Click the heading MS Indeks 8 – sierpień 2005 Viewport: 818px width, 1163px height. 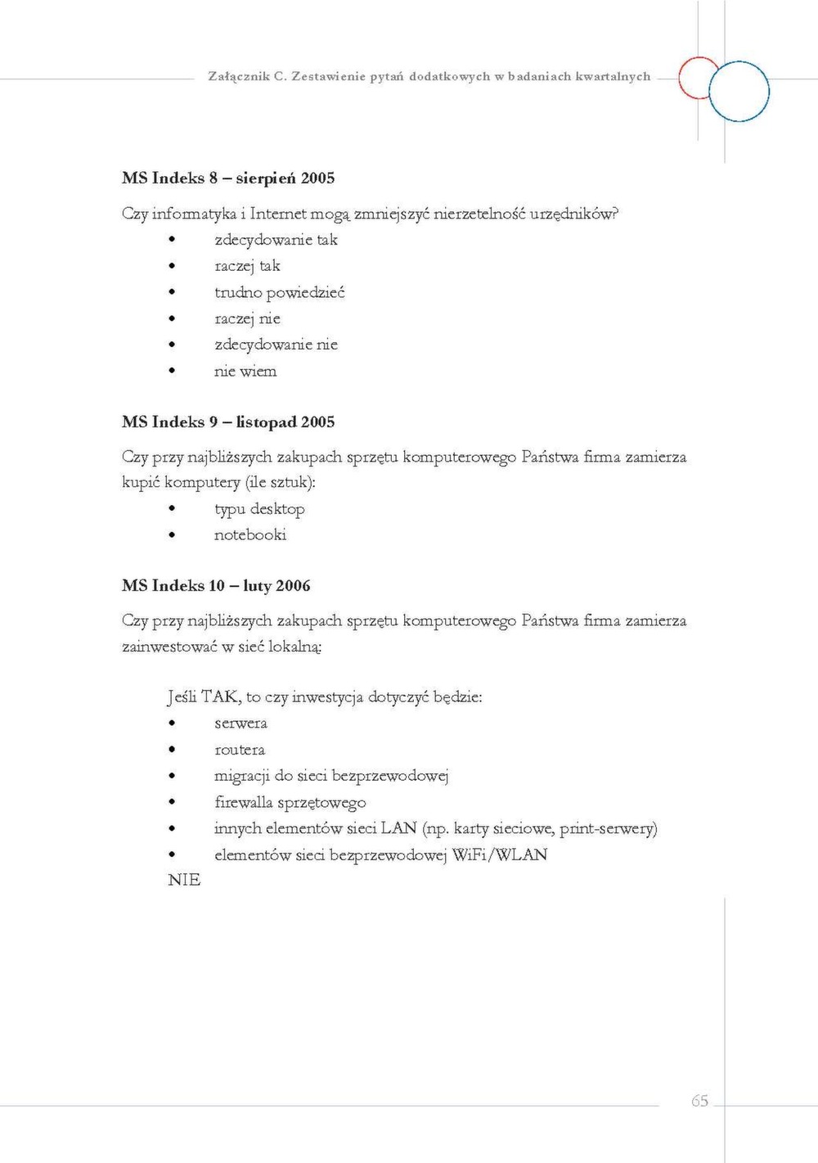pos(228,178)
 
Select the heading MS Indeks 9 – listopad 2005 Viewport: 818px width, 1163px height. pos(228,422)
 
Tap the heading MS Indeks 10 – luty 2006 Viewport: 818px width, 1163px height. pos(216,586)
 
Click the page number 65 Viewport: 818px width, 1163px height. pos(699,1101)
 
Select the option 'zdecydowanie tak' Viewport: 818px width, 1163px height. pos(276,240)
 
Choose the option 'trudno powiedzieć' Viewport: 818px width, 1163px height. pos(279,292)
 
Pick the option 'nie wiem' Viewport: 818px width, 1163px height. pos(245,372)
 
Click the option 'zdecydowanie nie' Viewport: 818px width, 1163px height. pos(276,345)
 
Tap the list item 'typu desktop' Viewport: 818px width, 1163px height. pos(259,509)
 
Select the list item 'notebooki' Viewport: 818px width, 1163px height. pos(250,535)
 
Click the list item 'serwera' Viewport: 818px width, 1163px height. pos(240,723)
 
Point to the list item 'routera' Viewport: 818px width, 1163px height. pos(240,750)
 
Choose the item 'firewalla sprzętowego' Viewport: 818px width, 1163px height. pos(290,802)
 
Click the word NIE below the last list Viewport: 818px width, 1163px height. pos(184,880)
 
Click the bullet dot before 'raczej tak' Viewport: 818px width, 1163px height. pos(172,266)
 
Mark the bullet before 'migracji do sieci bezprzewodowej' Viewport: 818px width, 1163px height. pos(172,776)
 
